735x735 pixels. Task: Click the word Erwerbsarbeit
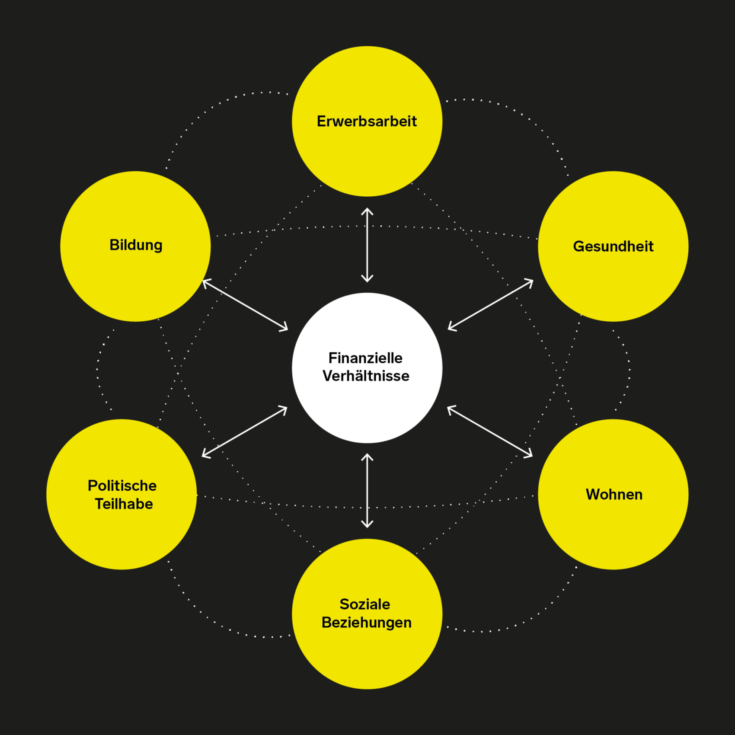(367, 121)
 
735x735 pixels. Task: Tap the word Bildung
(136, 245)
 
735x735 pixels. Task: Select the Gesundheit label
(613, 246)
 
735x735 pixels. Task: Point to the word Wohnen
(614, 494)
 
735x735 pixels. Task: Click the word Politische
(122, 486)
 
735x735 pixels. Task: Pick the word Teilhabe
(124, 504)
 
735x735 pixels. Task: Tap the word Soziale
(364, 604)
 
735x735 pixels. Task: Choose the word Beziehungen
(366, 622)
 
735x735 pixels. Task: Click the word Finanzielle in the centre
(365, 358)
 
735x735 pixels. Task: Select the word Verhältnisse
(366, 376)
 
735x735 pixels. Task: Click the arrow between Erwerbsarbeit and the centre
(367, 245)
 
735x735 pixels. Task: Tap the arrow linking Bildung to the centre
(245, 305)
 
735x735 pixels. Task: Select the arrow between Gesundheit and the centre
(490, 305)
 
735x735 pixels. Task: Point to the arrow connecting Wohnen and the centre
(489, 431)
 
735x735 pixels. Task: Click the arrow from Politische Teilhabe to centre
(245, 431)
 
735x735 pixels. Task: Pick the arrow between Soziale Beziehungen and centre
(367, 491)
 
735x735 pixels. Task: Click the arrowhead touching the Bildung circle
(206, 283)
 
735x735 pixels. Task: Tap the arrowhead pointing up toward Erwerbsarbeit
(367, 211)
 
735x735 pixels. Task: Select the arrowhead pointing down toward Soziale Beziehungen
(367, 524)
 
